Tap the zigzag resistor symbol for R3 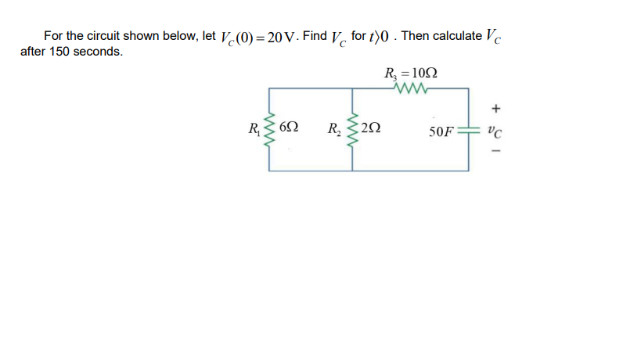click(x=411, y=89)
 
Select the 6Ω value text click(x=287, y=128)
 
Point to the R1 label click(x=254, y=128)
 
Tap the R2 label click(x=334, y=128)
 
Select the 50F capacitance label click(x=441, y=131)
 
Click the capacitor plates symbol click(x=468, y=129)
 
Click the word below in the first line click(x=182, y=36)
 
